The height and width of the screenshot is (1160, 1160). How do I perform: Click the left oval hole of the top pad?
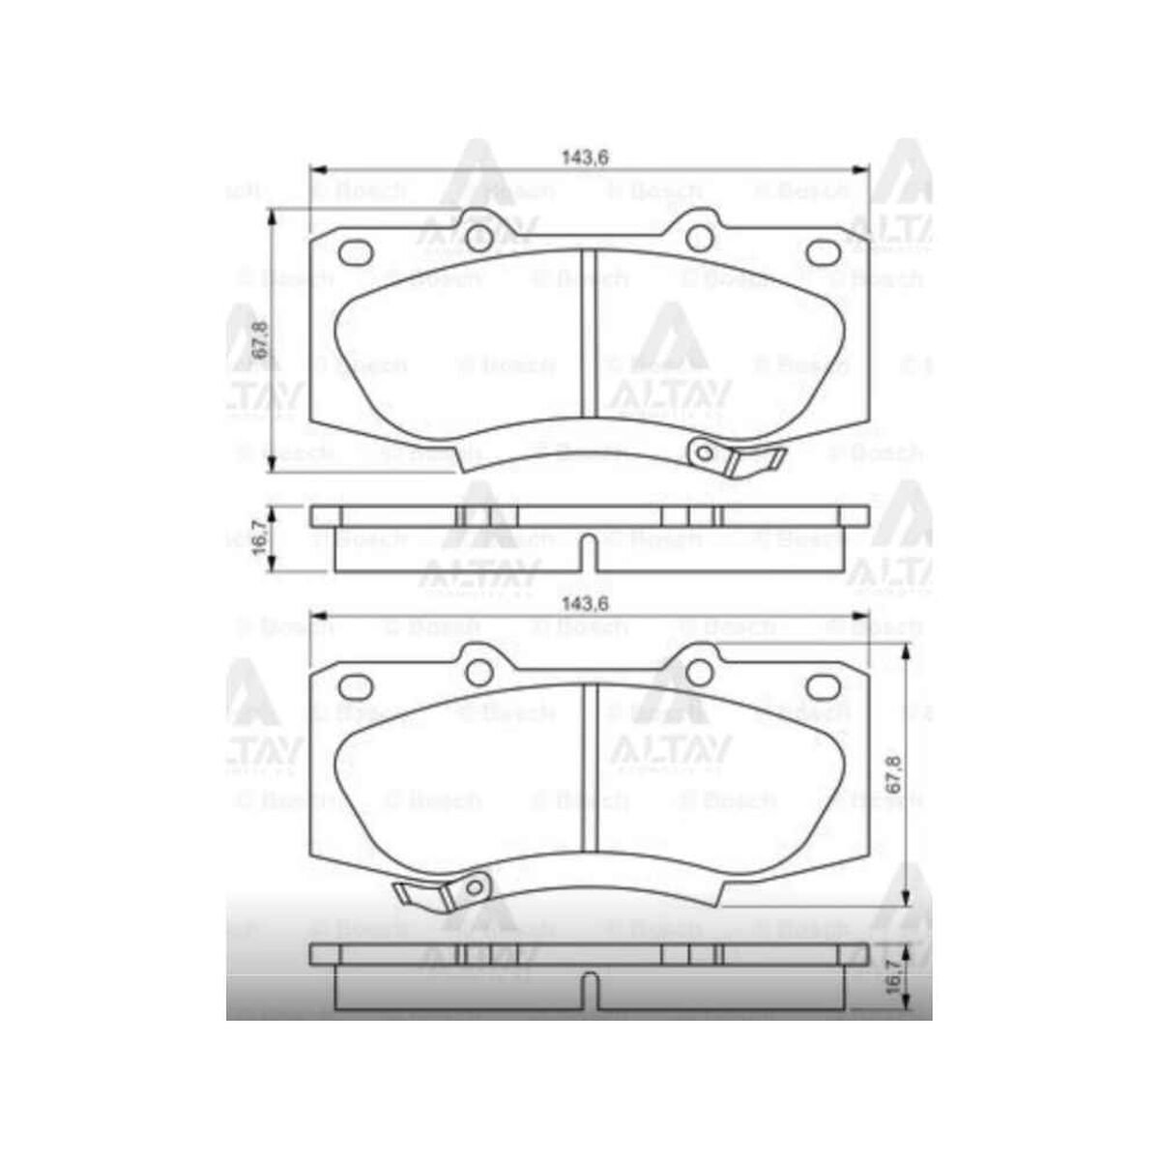356,251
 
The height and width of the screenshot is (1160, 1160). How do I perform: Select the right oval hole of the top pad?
823,251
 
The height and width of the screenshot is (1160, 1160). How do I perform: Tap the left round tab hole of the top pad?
478,238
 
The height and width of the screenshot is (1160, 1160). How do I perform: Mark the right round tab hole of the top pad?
700,238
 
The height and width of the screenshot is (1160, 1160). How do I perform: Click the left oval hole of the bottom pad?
356,686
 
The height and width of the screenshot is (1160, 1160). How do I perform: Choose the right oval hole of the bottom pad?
823,686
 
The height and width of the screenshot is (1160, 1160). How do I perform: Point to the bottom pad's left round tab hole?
478,672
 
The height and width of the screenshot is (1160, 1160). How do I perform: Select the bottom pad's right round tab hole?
700,672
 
